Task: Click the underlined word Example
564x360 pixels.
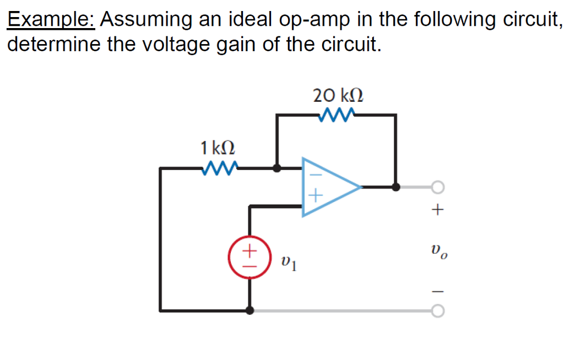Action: point(51,20)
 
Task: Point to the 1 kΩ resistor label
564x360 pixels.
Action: point(218,148)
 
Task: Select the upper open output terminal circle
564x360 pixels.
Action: point(437,188)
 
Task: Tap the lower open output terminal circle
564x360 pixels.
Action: point(437,311)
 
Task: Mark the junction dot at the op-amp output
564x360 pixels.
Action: point(395,187)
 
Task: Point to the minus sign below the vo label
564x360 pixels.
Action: point(438,291)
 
